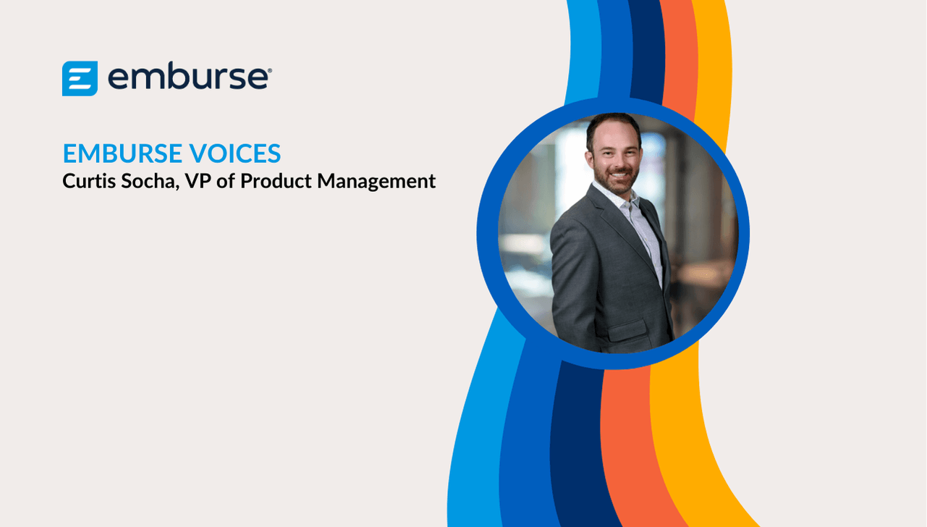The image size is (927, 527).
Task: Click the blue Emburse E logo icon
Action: (x=80, y=79)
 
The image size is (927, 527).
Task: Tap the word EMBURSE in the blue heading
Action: (x=122, y=153)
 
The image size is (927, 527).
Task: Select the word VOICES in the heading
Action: (x=235, y=153)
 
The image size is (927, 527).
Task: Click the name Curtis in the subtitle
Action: (x=89, y=181)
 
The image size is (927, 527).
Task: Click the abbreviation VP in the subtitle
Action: (x=198, y=181)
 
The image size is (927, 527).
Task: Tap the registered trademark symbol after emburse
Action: (x=270, y=71)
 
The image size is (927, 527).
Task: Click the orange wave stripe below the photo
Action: (x=633, y=447)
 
